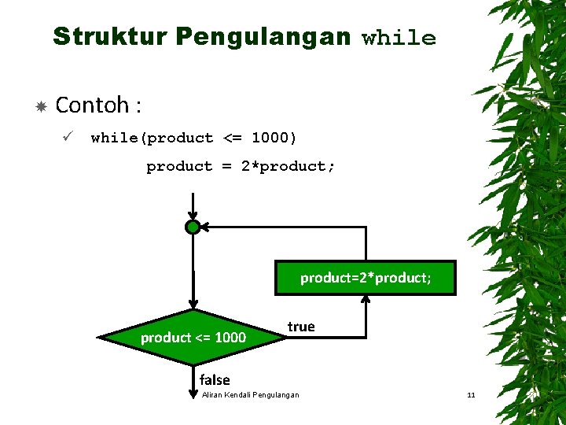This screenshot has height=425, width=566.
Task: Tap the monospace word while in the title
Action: click(x=399, y=39)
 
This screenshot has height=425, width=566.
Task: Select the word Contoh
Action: click(x=92, y=104)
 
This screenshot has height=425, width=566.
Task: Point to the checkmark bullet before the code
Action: click(x=68, y=138)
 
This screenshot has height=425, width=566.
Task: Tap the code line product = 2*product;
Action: click(x=241, y=166)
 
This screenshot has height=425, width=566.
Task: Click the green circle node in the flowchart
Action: click(x=193, y=227)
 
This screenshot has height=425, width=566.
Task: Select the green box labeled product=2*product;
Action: click(x=366, y=278)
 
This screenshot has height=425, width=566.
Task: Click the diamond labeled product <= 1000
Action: click(x=193, y=338)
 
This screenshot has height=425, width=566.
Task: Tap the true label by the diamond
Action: click(x=301, y=327)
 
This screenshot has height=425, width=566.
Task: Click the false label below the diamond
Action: click(x=215, y=379)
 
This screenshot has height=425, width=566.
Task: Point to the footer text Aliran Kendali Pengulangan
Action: click(x=250, y=394)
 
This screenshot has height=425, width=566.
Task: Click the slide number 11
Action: click(x=471, y=394)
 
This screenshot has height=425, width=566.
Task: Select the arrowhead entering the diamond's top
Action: click(x=193, y=305)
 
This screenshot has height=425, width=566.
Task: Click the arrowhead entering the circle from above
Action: click(x=193, y=216)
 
